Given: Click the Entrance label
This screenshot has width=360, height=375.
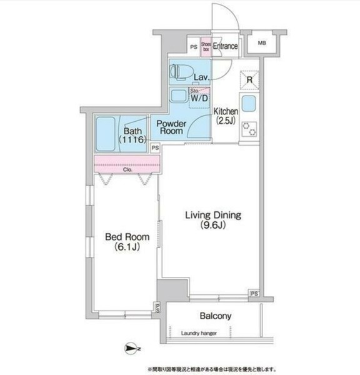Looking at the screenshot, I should (226, 46).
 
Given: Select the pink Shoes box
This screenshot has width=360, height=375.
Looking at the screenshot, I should (205, 46).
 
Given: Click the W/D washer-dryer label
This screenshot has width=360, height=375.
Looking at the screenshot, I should (199, 98).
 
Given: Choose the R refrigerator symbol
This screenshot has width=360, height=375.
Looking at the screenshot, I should (249, 79).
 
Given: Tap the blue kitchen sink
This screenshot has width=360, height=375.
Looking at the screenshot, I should (249, 104).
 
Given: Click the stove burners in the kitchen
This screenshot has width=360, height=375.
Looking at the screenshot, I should (249, 127).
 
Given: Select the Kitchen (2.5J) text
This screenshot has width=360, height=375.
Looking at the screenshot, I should (224, 116).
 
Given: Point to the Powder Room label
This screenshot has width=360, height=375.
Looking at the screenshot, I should (169, 127).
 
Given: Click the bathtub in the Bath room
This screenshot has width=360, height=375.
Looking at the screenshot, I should (106, 133).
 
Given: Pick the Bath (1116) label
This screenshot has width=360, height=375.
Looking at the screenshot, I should (134, 136).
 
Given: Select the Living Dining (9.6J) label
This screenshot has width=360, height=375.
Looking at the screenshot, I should (212, 219).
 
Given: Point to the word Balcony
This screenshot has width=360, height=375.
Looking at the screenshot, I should (216, 316).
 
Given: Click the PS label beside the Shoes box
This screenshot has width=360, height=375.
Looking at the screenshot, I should (193, 46).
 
